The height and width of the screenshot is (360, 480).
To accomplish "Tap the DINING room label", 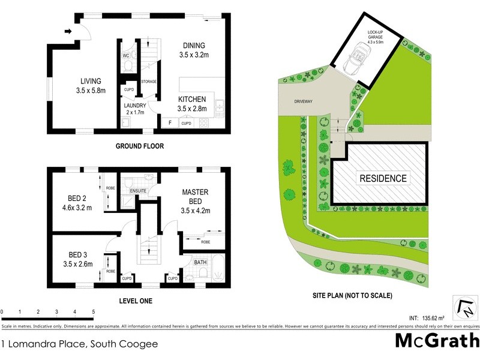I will pos(193,45).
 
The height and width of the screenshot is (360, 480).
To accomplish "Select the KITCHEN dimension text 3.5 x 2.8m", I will pos(192,109).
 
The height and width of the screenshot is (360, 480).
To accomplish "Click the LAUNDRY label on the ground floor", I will pos(135,105).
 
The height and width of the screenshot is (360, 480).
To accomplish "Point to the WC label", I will pos(126,56).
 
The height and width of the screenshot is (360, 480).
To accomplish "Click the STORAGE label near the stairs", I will pos(149,81).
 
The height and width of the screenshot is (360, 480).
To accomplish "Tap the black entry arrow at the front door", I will pos(68,31).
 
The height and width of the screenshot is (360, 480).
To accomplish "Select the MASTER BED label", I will pos(195,196).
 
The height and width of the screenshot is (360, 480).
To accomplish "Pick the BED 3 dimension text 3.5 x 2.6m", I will pos(77,263).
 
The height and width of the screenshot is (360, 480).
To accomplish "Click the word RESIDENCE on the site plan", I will pos(383,178).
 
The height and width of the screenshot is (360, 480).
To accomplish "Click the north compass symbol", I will pos(464,308).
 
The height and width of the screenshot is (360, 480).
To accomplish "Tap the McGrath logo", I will pos(436,341).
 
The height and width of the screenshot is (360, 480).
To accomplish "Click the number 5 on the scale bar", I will pos(93,312).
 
